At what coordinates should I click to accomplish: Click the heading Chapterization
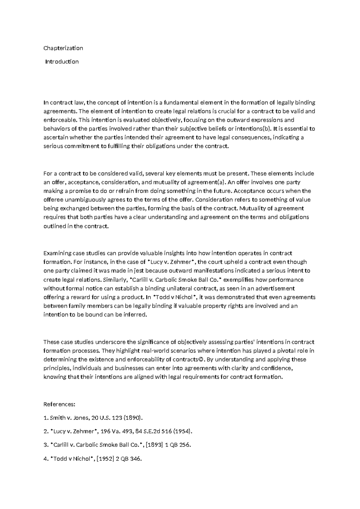click(x=63, y=48)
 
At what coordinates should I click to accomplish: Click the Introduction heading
click(x=62, y=62)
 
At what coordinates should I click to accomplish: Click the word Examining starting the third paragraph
click(x=57, y=253)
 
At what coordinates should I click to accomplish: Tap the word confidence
click(x=278, y=368)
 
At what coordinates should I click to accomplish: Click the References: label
click(x=59, y=404)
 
